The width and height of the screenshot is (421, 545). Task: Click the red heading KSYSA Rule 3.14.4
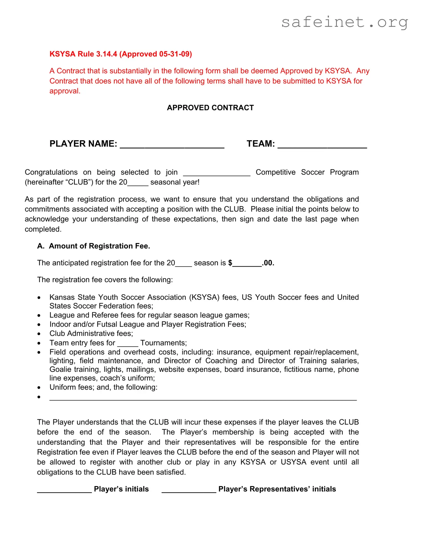tap(121, 54)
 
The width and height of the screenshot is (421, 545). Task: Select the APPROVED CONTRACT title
tap(210, 108)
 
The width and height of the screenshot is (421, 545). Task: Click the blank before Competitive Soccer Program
tap(217, 173)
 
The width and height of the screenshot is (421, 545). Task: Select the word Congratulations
tap(51, 172)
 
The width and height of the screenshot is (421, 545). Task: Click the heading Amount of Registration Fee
tap(99, 246)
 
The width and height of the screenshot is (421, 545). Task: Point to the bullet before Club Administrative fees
tap(39, 334)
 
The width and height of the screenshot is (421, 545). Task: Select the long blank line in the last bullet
tap(203, 398)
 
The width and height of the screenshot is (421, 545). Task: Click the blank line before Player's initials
tap(64, 490)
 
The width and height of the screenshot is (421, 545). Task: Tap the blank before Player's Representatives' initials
tap(189, 490)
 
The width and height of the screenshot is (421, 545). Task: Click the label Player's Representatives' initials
tap(277, 489)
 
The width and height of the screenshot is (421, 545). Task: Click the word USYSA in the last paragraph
tap(293, 462)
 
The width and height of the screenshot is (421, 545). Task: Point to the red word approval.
tap(65, 91)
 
